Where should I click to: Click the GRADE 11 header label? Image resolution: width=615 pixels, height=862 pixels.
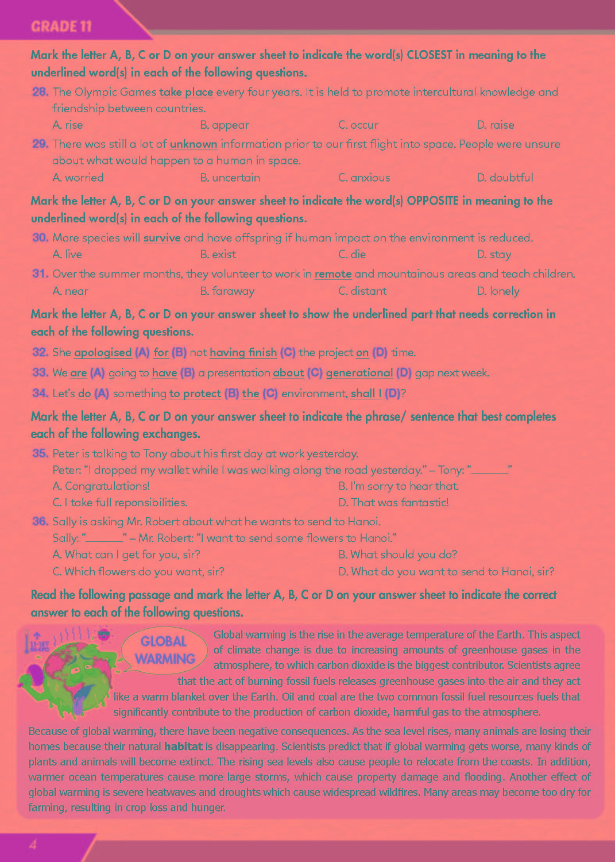click(x=61, y=26)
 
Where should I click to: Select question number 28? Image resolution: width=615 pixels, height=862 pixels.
click(x=40, y=92)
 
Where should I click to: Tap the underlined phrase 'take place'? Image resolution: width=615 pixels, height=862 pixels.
click(x=186, y=92)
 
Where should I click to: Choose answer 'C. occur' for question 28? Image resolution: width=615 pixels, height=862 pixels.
click(x=358, y=125)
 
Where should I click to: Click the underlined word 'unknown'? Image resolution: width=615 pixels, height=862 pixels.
click(x=194, y=144)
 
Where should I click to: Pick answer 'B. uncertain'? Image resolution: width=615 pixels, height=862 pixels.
click(x=230, y=178)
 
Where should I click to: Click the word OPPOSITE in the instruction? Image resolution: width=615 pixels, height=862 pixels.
click(x=432, y=201)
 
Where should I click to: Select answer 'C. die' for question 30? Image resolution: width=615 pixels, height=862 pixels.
click(x=352, y=254)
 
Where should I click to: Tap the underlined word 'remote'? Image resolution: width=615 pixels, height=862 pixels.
click(x=333, y=274)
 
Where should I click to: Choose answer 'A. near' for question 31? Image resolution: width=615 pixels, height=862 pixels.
click(x=70, y=291)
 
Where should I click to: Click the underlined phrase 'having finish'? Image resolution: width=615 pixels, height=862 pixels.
click(x=243, y=352)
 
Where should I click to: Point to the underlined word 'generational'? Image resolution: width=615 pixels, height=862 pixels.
click(x=359, y=373)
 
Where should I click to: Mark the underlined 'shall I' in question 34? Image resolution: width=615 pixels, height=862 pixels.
click(x=366, y=394)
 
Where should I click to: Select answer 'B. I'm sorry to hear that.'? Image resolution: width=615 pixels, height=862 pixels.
click(x=399, y=486)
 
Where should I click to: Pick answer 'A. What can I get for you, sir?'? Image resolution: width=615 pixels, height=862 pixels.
click(x=126, y=555)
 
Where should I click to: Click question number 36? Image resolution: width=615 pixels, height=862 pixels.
click(x=40, y=521)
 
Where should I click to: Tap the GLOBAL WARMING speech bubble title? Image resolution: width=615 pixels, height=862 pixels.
click(x=165, y=650)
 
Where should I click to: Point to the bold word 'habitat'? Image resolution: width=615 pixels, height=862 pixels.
click(x=183, y=746)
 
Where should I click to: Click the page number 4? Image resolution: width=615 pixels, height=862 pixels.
click(x=33, y=845)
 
